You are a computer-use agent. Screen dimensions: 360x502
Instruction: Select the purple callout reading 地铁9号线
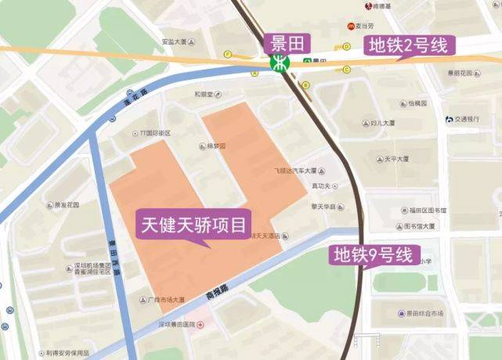372,254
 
